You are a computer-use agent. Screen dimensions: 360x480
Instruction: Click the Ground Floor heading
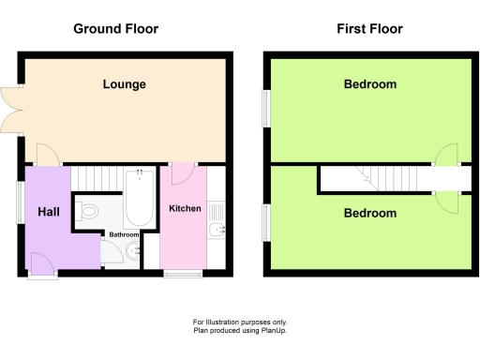click(116, 29)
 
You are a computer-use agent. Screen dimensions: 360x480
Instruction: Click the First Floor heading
click(369, 29)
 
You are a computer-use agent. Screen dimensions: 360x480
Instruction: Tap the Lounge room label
click(124, 84)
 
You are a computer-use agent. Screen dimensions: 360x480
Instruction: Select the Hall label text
click(49, 213)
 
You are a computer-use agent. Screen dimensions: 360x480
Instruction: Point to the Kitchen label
click(185, 207)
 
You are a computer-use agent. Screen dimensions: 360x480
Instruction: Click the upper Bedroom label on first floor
click(369, 84)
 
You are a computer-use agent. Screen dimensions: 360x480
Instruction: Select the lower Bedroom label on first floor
click(369, 213)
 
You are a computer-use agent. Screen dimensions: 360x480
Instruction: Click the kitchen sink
click(215, 230)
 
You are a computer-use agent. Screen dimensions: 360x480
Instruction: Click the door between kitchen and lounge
click(183, 170)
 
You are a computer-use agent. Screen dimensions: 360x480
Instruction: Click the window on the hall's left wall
click(20, 201)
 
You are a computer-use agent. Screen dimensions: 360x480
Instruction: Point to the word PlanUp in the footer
click(268, 329)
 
